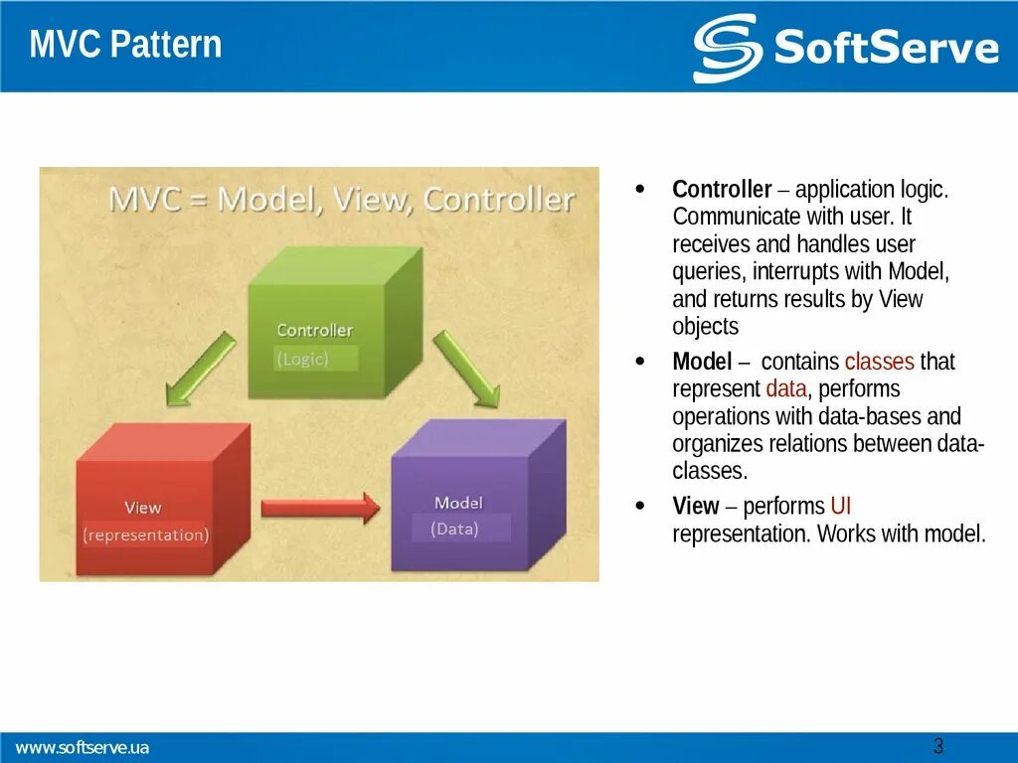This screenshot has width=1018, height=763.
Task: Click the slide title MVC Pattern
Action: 125,46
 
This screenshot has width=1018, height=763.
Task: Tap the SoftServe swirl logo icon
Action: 727,48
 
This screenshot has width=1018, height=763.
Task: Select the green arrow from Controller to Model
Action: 466,370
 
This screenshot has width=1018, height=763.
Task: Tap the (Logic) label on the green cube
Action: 303,359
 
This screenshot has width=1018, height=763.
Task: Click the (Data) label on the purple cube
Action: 455,529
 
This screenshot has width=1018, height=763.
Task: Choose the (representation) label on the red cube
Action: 146,534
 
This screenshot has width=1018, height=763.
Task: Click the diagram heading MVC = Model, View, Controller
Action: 341,200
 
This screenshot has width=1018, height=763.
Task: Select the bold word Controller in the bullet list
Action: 722,190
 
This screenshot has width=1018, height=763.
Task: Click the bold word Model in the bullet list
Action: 702,362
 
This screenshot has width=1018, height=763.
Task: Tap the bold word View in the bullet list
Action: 695,506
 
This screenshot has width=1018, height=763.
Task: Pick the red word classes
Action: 879,362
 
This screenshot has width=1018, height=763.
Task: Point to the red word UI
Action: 840,506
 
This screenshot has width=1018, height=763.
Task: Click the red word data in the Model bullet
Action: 784,388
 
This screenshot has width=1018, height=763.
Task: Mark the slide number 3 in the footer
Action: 937,746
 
